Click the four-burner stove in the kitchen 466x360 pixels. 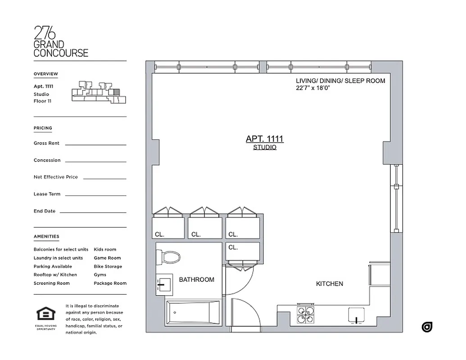click(305, 315)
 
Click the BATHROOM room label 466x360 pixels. click(196, 279)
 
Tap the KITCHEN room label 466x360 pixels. click(329, 283)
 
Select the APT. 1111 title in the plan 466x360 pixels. click(264, 139)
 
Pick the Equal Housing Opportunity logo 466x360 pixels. click(46, 317)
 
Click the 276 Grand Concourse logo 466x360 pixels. click(61, 41)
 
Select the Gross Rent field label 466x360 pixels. click(46, 143)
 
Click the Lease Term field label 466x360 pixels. click(47, 194)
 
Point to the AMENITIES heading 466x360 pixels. click(46, 236)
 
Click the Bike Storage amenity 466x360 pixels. click(108, 266)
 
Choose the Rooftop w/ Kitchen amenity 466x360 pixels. click(55, 274)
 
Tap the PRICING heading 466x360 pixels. click(43, 128)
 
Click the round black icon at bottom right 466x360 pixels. click(427, 327)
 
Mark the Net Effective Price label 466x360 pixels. click(55, 177)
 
